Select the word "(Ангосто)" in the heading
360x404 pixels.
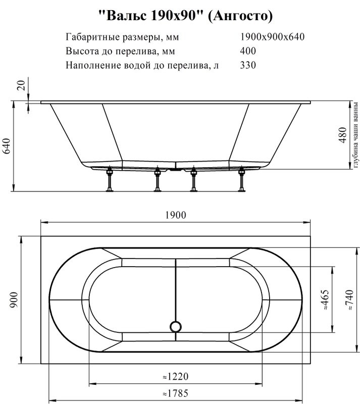[240, 16]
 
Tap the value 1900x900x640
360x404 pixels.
[272, 37]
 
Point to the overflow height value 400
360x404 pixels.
[248, 51]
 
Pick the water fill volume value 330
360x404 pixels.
[248, 65]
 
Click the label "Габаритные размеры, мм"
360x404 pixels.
[122, 37]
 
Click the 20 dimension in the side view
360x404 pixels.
[21, 85]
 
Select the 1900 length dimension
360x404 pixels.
[175, 215]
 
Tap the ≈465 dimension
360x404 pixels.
[326, 299]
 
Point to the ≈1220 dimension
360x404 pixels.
[175, 377]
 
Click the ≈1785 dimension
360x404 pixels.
[175, 392]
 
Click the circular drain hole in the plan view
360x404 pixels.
[175, 326]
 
